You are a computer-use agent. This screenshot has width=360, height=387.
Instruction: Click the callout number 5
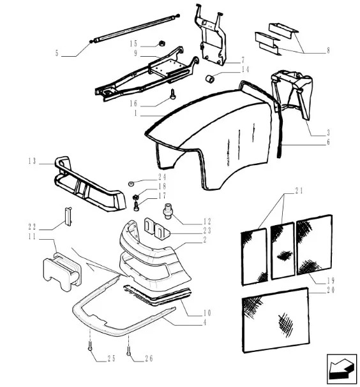(x=57, y=53)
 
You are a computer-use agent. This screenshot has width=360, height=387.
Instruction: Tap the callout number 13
(x=32, y=161)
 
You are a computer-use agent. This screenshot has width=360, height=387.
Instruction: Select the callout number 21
(x=299, y=191)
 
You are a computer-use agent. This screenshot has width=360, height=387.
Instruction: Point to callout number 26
(x=149, y=358)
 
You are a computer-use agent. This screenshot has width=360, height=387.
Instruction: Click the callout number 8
(x=328, y=50)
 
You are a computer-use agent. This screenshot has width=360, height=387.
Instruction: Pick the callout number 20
(x=331, y=289)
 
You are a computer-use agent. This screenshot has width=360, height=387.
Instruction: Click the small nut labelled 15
(x=162, y=44)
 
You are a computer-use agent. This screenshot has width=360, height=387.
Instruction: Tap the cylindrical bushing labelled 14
(x=210, y=79)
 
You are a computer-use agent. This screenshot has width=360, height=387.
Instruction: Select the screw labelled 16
(x=173, y=94)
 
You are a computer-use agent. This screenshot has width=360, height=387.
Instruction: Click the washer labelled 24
(x=131, y=184)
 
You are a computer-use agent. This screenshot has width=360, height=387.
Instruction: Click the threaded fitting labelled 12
(x=167, y=211)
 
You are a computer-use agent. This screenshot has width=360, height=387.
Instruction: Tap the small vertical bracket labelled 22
(x=68, y=216)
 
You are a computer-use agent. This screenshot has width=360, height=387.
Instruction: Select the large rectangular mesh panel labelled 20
(x=276, y=319)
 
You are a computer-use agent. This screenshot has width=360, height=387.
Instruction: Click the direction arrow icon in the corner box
(x=341, y=369)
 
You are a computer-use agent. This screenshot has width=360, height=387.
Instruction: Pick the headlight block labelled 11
(x=62, y=272)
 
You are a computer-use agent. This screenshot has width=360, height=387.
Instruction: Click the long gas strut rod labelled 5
(x=135, y=28)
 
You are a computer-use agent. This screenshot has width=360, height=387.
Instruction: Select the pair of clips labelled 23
(x=156, y=228)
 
